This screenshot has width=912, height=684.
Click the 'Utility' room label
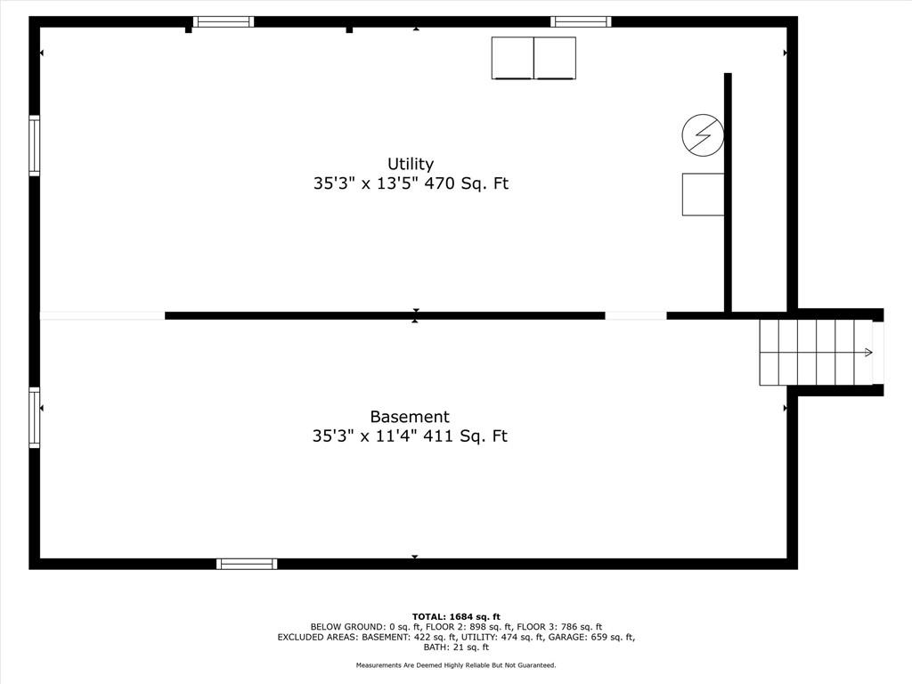[411, 164]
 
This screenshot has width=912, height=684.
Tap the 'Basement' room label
[410, 417]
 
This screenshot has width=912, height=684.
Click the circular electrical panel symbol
[703, 135]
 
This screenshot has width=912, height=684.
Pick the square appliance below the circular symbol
[703, 194]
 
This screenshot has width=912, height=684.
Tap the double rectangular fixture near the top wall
[533, 58]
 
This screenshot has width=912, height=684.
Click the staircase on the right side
[816, 353]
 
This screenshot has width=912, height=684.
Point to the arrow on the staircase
[866, 353]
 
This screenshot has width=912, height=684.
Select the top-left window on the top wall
[224, 22]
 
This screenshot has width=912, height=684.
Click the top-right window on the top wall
[581, 22]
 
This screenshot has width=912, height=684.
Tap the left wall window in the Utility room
[35, 146]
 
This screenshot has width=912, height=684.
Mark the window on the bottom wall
[247, 564]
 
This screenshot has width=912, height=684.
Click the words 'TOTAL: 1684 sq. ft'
[456, 616]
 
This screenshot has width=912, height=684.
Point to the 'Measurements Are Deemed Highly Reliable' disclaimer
[456, 665]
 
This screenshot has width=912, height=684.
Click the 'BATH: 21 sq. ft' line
[456, 647]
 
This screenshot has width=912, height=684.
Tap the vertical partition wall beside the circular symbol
[728, 191]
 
